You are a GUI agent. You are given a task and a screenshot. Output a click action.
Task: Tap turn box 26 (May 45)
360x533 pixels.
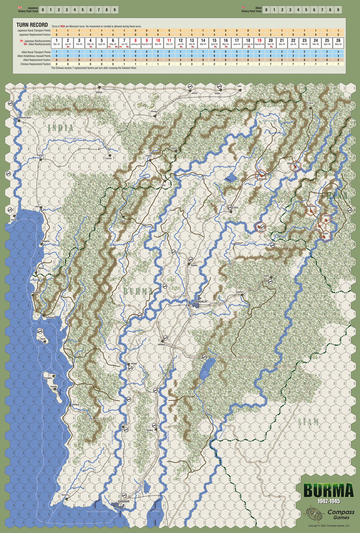[x=338, y=42]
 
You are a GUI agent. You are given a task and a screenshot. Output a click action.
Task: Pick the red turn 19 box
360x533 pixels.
[x=259, y=42]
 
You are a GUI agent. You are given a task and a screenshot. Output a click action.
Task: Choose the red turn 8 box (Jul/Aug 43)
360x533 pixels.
[x=135, y=42]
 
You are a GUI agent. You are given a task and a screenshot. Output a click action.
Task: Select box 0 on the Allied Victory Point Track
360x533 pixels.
[x=266, y=9]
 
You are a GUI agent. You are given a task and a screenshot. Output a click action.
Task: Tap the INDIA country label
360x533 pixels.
[x=60, y=127]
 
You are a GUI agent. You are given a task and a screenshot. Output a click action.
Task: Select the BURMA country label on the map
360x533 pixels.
[x=138, y=290]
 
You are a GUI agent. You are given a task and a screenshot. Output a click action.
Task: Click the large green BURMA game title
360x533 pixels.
[x=326, y=491]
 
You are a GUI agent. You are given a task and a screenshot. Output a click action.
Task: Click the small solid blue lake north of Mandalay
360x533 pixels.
[x=230, y=177]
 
